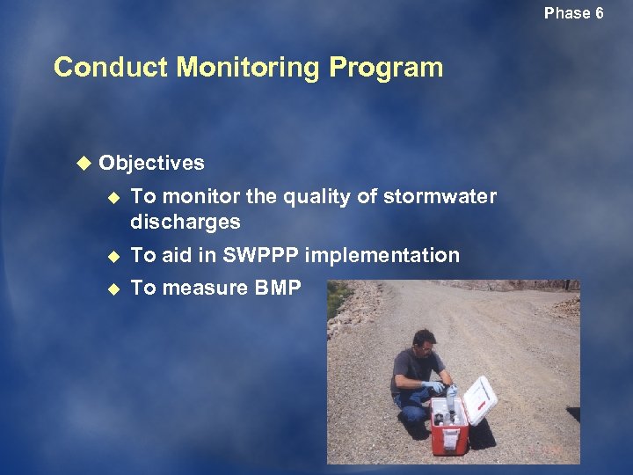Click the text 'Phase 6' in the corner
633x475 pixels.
(x=573, y=13)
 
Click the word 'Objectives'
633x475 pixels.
(x=151, y=163)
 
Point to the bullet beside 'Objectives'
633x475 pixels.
(x=84, y=163)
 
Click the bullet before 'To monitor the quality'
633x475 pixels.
(x=112, y=197)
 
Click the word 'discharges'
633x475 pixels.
(x=186, y=222)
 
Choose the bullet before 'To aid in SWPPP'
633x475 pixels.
(x=112, y=256)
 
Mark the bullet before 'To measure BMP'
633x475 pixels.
(x=112, y=288)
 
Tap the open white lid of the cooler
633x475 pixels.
(x=480, y=399)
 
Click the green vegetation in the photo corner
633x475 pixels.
(x=335, y=299)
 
